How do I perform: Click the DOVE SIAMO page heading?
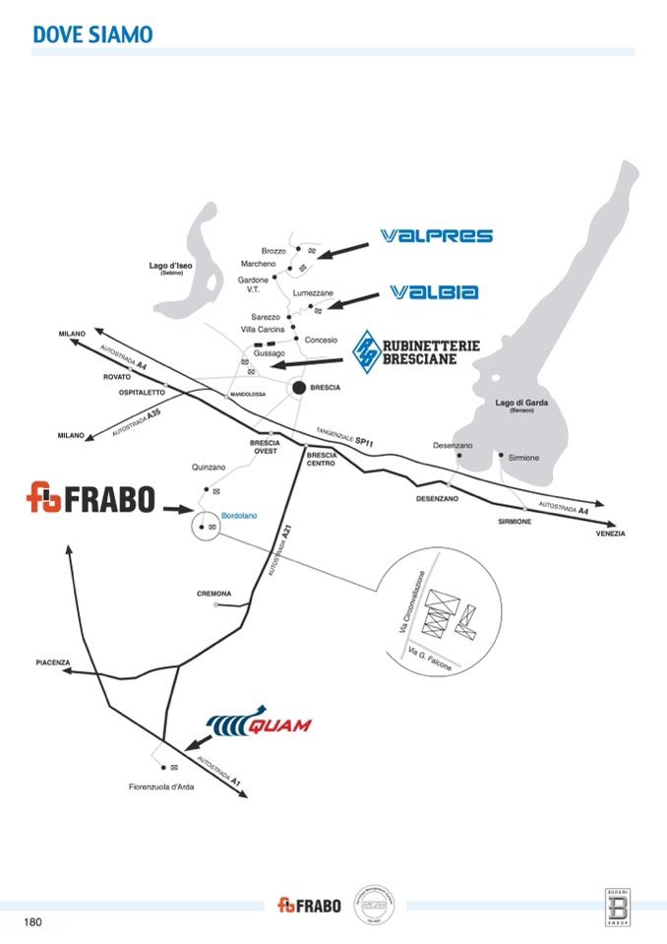pos(92,34)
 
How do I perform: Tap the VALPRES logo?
pos(435,236)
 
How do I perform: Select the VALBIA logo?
pos(434,291)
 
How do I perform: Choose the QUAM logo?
pos(261,725)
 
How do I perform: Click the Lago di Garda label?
pos(520,403)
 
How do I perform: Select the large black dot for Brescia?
pos(297,389)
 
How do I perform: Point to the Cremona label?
pos(213,594)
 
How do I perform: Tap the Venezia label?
pos(610,534)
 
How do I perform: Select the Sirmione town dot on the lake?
pos(501,455)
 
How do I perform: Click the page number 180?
pos(32,922)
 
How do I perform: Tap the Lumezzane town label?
pos(313,293)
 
